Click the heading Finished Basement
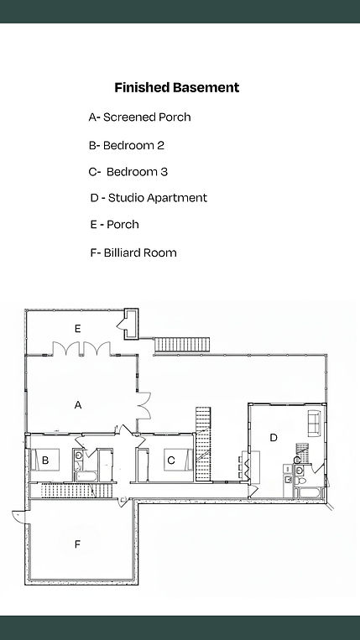pos(177,88)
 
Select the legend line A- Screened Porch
pos(139,117)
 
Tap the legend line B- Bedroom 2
pos(127,145)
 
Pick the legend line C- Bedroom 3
pos(128,172)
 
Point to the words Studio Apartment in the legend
pos(158,198)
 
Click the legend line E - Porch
pos(115,225)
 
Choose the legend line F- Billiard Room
pos(133,252)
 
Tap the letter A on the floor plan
pos(78,405)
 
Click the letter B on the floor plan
pos(45,460)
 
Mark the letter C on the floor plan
pos(171,460)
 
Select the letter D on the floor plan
pos(274,438)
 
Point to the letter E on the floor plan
pos(77,329)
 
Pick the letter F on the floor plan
pos(77,544)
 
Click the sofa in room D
pos(314,423)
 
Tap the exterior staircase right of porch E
pos(182,344)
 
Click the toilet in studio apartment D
pos(300,481)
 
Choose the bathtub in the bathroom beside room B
pos(86,476)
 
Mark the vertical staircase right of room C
pos(203,444)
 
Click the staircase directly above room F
pos(76,491)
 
